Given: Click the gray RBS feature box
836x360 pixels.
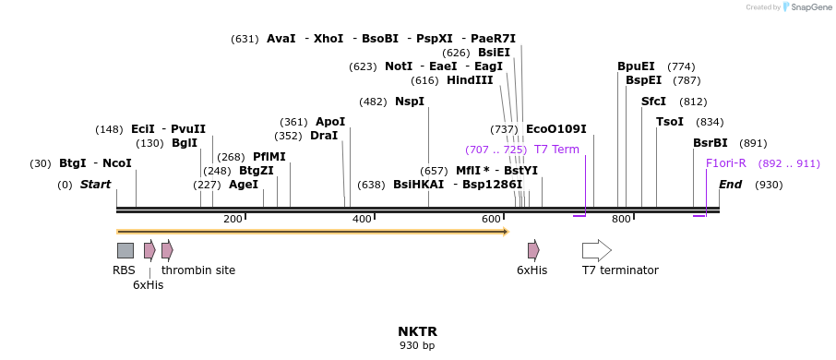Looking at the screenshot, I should pos(125,250).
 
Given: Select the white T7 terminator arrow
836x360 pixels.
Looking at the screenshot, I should pos(596,250).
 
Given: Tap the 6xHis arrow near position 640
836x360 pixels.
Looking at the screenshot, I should pos(533,250).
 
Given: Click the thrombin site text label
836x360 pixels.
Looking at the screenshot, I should pos(198,270).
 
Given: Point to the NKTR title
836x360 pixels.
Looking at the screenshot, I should pos(417,331).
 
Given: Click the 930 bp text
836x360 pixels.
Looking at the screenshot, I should pos(417,346).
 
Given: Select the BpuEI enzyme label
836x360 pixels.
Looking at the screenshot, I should pos(636,66).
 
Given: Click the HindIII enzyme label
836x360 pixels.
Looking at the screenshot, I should pos(470,80).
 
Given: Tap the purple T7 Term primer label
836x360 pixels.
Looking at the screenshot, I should pos(556,150).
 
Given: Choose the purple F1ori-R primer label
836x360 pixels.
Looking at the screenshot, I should pos(725,163).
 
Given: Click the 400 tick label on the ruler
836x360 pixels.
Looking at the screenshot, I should pos(362,219).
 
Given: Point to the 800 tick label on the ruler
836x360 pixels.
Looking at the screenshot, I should pos(621,219).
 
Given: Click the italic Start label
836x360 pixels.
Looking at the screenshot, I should pos(95,185).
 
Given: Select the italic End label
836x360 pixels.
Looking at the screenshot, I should pos(730,185).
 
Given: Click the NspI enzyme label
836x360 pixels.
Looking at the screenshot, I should pos(410,102).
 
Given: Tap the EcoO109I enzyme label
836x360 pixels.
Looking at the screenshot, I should pos(555,129).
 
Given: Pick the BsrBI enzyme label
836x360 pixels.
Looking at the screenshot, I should pos(711,143).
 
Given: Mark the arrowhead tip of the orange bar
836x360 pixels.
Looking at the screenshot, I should pos(508,231).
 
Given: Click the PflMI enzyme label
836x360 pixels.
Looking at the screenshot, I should pos(269,157).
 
